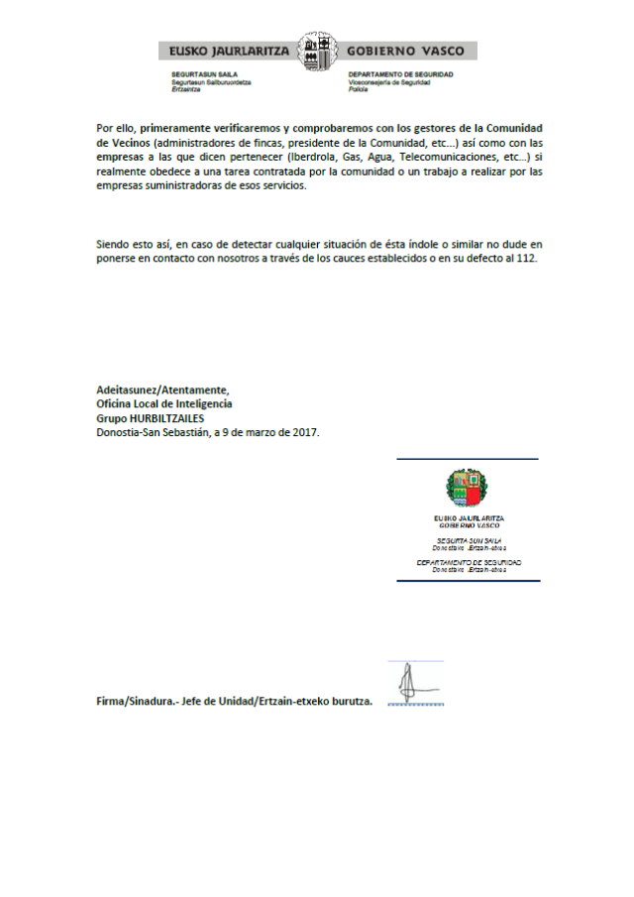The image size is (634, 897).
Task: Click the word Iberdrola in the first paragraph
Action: pyautogui.click(x=308, y=158)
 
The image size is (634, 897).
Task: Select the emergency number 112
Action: pyautogui.click(x=526, y=258)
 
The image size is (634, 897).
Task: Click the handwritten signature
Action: pyautogui.click(x=407, y=683)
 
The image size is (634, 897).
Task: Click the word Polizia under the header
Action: pyautogui.click(x=358, y=89)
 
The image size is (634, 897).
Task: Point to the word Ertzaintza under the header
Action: pyautogui.click(x=186, y=89)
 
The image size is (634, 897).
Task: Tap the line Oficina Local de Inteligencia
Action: pyautogui.click(x=164, y=403)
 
